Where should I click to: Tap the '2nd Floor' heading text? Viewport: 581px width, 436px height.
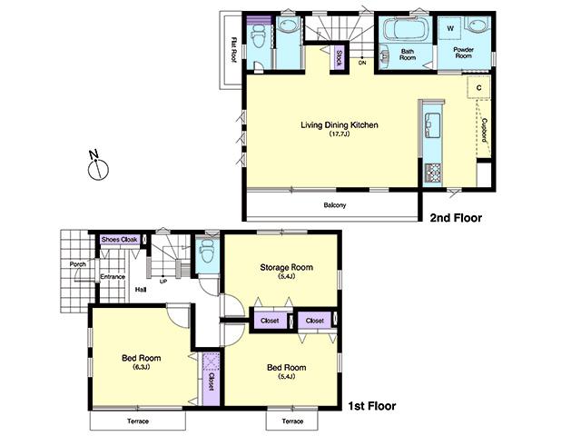click(456, 218)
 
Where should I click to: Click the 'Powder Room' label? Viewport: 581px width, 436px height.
click(463, 53)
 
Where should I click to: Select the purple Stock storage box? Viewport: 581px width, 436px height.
click(338, 57)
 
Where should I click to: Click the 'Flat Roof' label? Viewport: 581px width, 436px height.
click(233, 48)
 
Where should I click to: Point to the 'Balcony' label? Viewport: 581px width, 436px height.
click(334, 205)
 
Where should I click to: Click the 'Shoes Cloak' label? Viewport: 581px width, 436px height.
click(119, 241)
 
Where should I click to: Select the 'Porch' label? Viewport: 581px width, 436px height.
click(77, 265)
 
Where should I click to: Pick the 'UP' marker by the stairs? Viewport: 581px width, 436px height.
click(162, 281)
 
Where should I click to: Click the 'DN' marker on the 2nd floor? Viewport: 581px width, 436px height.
click(361, 63)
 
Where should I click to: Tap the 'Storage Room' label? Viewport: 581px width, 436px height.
click(286, 267)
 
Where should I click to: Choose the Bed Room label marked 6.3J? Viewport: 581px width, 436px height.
click(141, 359)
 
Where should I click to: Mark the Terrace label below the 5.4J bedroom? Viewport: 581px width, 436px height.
click(291, 422)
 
